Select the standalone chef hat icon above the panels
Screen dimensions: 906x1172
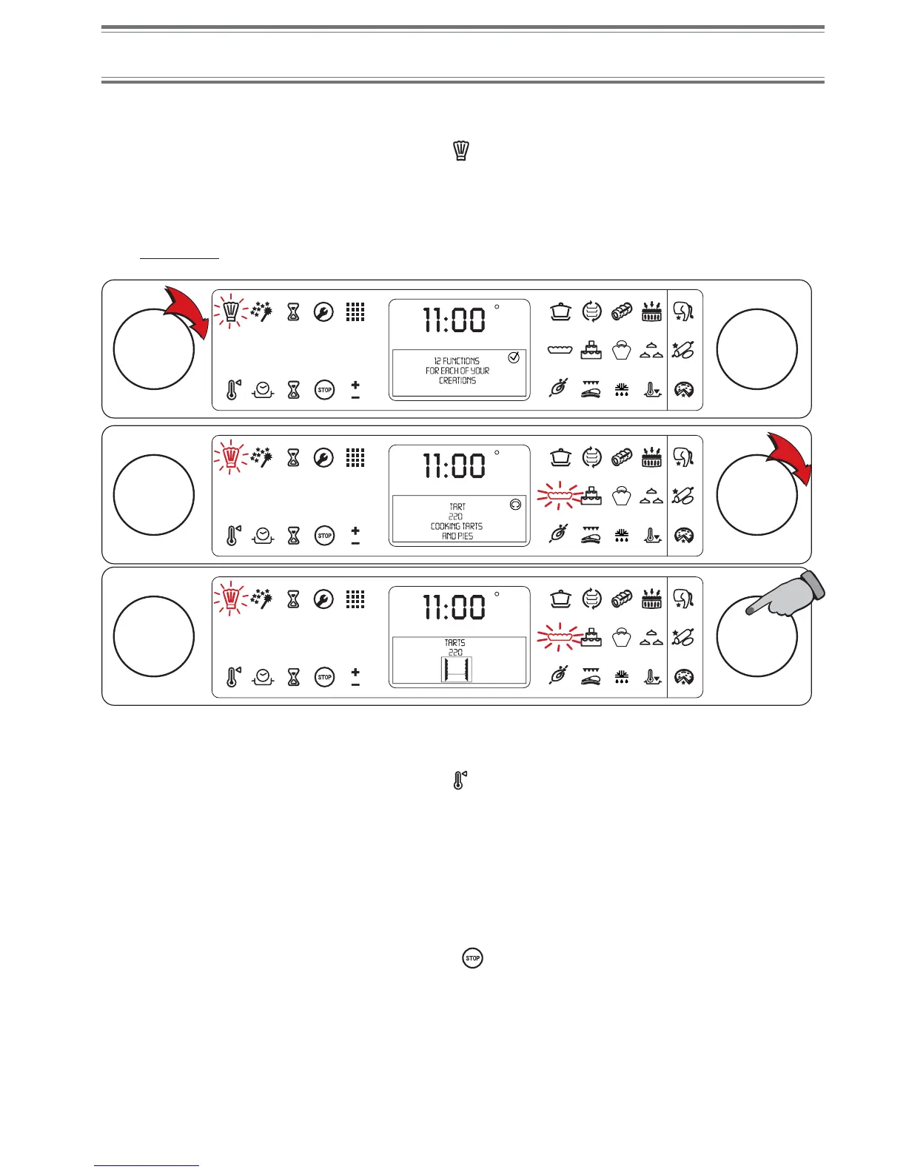[x=462, y=151]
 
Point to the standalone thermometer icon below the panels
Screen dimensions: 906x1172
[x=459, y=780]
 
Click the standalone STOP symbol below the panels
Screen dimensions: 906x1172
[x=472, y=958]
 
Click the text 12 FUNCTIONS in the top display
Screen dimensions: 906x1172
[x=457, y=361]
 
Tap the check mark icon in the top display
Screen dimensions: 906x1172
[x=514, y=357]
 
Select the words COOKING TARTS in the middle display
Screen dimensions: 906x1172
[x=457, y=526]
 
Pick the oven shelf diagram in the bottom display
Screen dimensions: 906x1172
[x=456, y=670]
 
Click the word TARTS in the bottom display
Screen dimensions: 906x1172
[x=455, y=643]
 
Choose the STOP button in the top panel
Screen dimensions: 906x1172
[x=324, y=390]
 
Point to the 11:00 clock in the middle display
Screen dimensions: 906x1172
[x=454, y=466]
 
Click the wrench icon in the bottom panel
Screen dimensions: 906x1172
[x=323, y=599]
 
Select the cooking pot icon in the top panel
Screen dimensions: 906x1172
[x=560, y=311]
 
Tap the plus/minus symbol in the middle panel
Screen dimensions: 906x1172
[x=355, y=536]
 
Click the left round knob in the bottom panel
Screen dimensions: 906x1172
[x=154, y=636]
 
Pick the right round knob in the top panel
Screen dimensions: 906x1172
[x=756, y=349]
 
